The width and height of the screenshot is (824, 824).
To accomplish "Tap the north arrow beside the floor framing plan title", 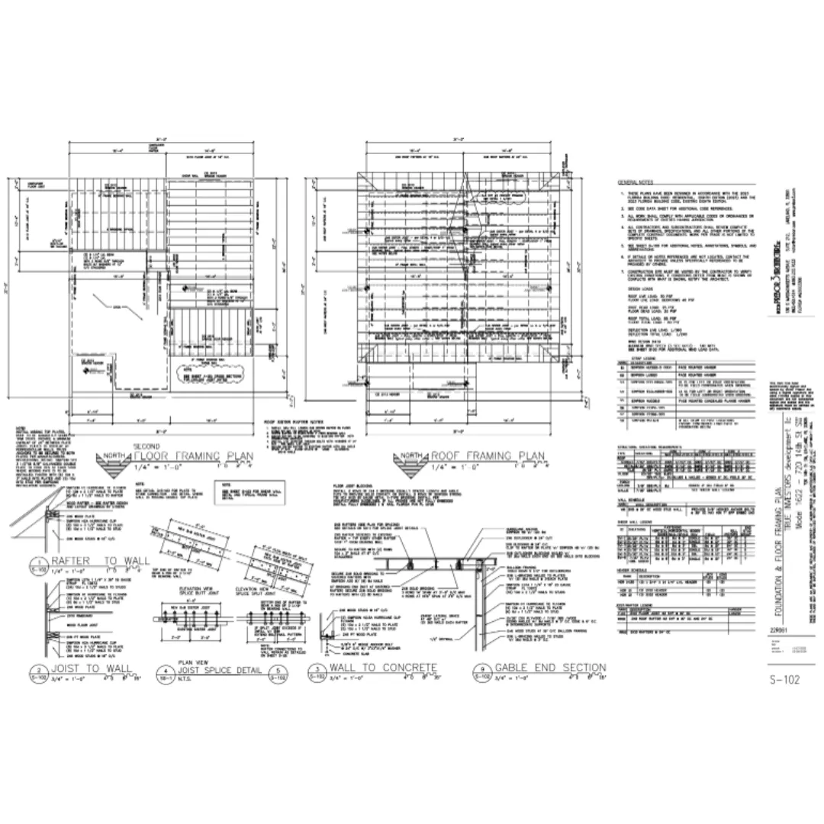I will (111, 461).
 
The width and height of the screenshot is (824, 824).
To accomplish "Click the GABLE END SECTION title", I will (550, 668).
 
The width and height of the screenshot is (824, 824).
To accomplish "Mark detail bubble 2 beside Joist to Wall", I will (37, 671).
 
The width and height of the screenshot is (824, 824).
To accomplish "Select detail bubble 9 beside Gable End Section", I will (482, 671).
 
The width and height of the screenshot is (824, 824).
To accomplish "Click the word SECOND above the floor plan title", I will (147, 445).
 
